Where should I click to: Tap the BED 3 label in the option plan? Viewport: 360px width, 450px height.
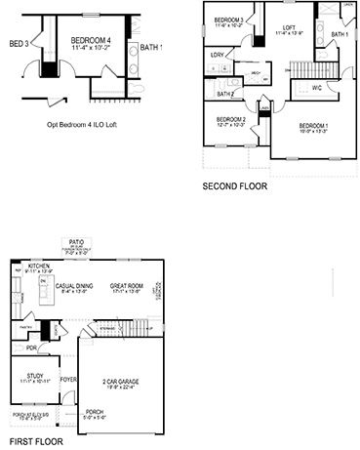[19, 44]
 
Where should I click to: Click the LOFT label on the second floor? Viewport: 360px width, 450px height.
[289, 27]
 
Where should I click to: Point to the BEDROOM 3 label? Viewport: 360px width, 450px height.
[229, 20]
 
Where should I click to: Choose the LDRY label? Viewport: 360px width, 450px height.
[217, 55]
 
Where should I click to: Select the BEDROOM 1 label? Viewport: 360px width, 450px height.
[313, 125]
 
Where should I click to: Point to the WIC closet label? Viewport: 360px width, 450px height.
[317, 89]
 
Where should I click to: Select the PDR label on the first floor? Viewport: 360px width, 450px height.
[31, 347]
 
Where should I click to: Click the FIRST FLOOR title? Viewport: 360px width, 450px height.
[31, 441]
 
